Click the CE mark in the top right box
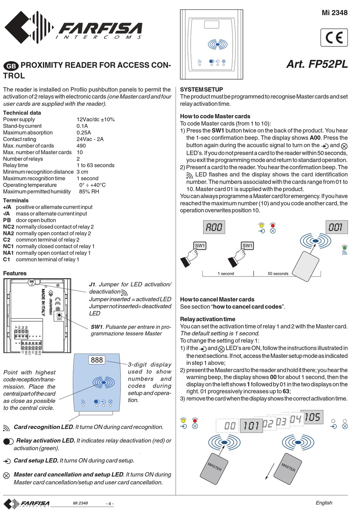coord(334,38)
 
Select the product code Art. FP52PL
coord(317,64)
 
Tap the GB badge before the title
coord(11,66)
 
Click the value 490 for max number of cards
coord(81,146)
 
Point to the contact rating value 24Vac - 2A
coord(90,139)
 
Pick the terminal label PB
coord(7,220)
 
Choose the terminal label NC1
coord(8,246)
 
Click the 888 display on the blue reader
coord(97,360)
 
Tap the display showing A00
coord(214,227)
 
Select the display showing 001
coord(336,227)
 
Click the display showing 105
coord(312,417)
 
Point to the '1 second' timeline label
coord(225,273)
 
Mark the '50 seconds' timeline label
coord(278,273)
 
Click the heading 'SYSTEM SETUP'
coord(201,90)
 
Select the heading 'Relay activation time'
coord(207,319)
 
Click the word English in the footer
coord(324,503)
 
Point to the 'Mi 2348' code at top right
coord(334,13)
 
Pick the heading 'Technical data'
coord(22,113)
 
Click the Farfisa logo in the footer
coord(27,504)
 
